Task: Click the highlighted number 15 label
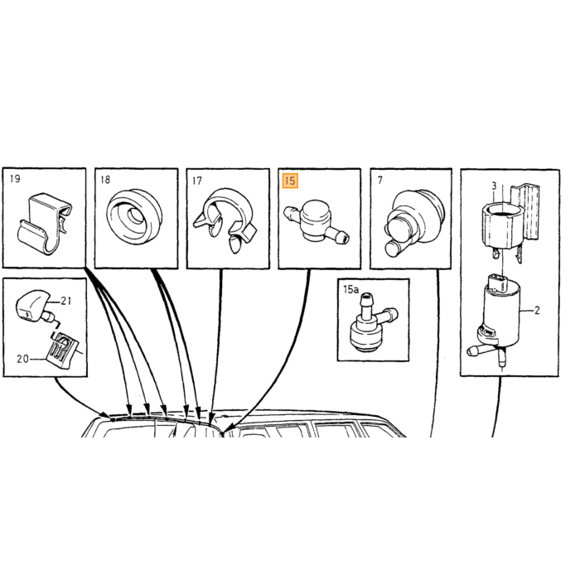[x=290, y=181]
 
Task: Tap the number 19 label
[x=15, y=179]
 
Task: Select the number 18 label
[x=105, y=180]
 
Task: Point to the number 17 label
[x=197, y=181]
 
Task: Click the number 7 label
[x=379, y=180]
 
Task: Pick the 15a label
[x=350, y=289]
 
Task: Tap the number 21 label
[x=65, y=301]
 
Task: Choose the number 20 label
[x=22, y=359]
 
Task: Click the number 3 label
[x=494, y=186]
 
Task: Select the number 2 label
[x=537, y=311]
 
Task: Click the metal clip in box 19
[x=45, y=223]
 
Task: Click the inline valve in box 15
[x=316, y=223]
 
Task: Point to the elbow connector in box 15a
[x=372, y=322]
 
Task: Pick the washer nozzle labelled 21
[x=35, y=306]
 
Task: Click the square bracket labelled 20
[x=62, y=349]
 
